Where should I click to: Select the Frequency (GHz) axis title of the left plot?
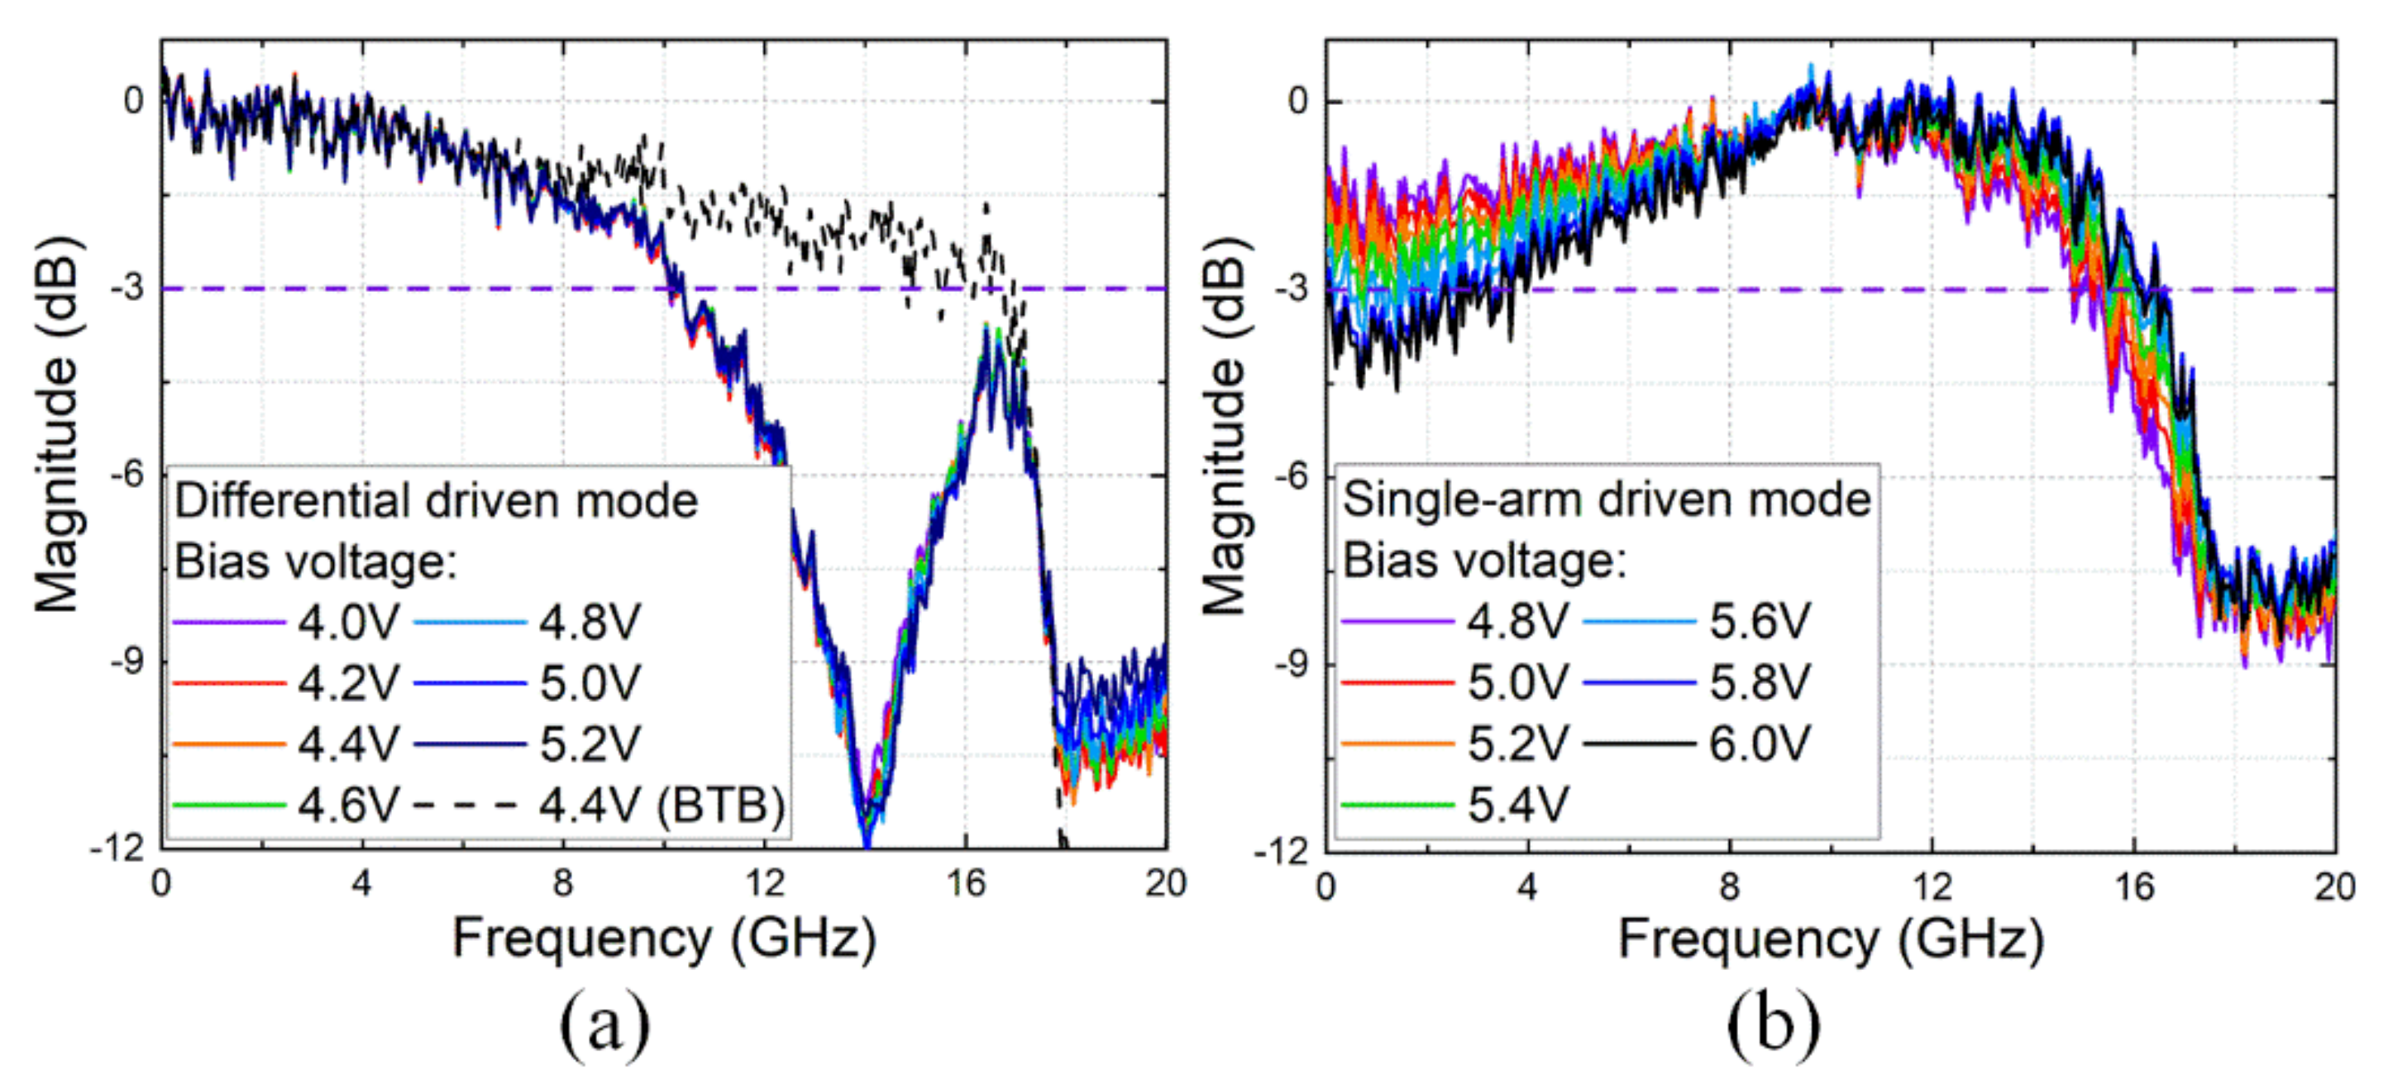[x=664, y=939]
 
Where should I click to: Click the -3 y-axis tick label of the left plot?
[x=129, y=289]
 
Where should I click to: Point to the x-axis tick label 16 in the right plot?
[x=2134, y=887]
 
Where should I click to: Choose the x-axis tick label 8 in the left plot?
[x=563, y=884]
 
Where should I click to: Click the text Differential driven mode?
[x=436, y=502]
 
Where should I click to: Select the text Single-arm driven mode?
[x=1607, y=499]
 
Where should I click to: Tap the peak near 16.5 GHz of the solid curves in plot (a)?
[x=988, y=334]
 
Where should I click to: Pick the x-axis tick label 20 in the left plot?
[x=1164, y=884]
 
